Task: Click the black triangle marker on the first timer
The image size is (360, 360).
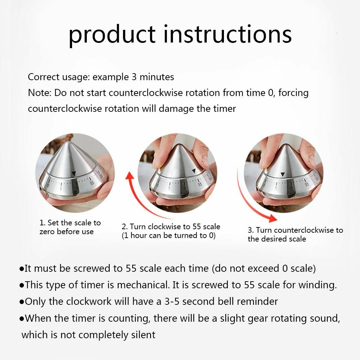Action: click(73, 174)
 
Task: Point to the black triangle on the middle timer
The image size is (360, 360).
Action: click(194, 171)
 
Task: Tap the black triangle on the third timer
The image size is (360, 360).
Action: click(283, 174)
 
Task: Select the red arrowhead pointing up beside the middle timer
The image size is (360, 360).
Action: click(130, 176)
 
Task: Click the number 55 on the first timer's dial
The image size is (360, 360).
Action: click(92, 183)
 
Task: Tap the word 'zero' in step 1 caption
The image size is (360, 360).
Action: click(47, 231)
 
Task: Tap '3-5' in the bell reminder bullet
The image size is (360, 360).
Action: click(172, 301)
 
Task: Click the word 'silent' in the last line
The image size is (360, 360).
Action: click(143, 335)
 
